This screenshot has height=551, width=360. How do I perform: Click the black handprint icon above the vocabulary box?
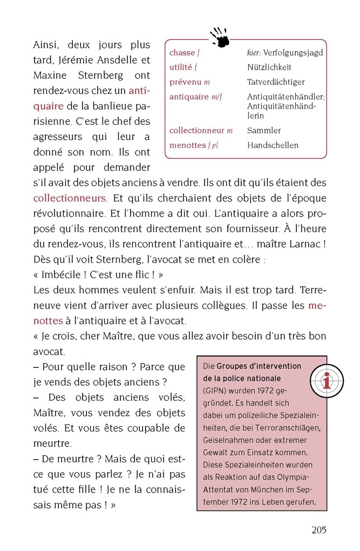[220, 37]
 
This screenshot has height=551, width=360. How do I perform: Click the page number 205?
[318, 530]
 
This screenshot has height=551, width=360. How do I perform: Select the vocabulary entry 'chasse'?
[182, 53]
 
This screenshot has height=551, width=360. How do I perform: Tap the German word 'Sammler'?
[264, 131]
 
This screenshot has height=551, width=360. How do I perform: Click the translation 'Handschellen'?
[273, 145]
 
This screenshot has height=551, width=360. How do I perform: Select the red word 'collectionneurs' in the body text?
[70, 198]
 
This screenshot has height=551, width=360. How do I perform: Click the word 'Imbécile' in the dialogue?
[62, 274]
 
